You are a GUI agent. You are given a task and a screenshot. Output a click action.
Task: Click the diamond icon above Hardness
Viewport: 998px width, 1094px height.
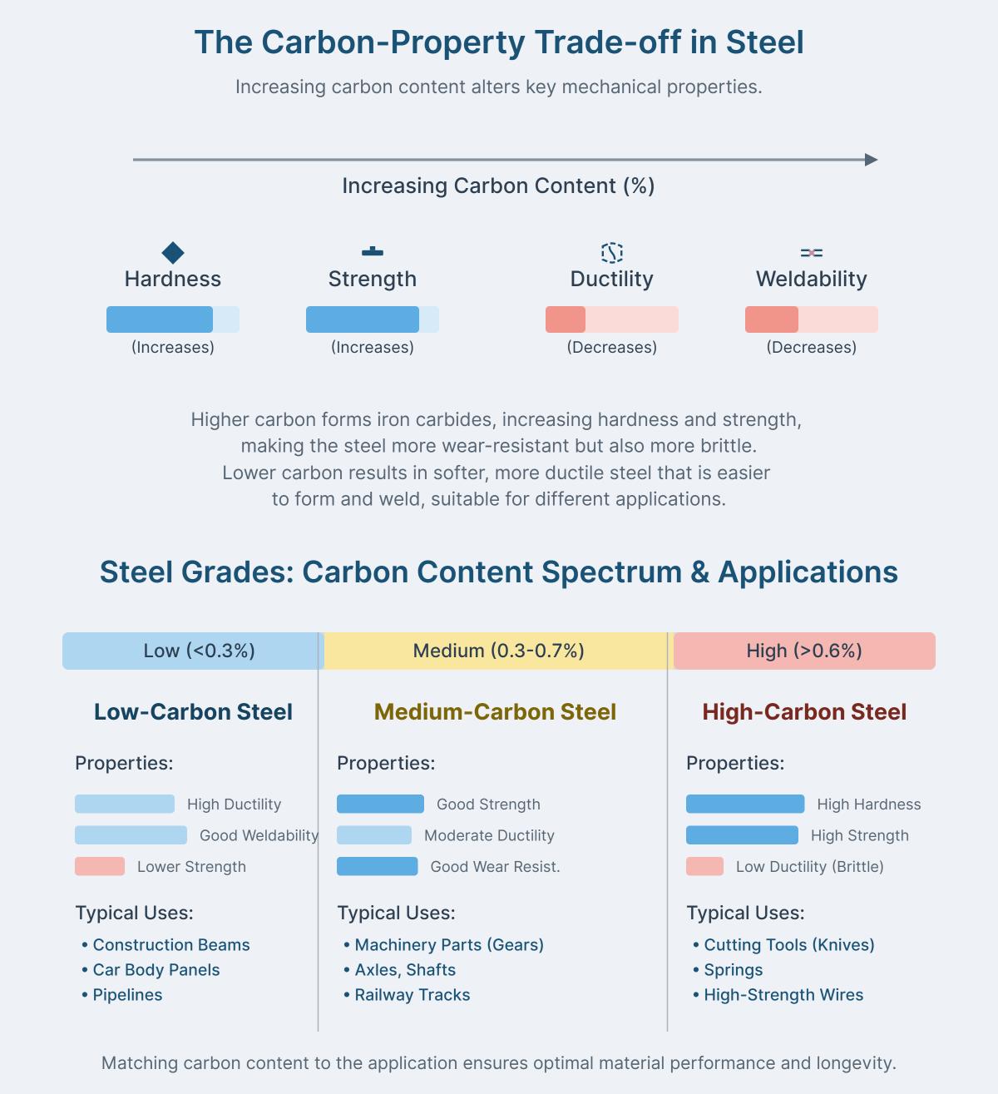click(173, 253)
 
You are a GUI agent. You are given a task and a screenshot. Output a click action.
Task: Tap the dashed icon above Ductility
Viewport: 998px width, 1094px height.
click(612, 253)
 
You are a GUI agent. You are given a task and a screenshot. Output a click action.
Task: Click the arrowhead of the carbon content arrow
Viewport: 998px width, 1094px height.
click(872, 160)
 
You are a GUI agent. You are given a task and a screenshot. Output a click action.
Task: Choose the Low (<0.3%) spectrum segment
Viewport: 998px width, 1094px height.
click(193, 651)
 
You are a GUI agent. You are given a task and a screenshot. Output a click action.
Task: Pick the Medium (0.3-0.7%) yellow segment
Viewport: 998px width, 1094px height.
click(498, 651)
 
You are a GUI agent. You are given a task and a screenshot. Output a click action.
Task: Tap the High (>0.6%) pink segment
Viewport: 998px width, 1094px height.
click(804, 651)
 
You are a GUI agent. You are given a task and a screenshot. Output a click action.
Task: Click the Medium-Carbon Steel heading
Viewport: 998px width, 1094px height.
click(495, 712)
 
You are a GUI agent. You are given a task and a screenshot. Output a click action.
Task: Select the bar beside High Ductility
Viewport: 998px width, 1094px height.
click(125, 804)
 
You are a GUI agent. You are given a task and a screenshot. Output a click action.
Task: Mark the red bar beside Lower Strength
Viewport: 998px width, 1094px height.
click(100, 866)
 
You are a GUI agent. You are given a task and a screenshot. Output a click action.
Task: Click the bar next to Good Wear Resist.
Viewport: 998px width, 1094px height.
click(377, 866)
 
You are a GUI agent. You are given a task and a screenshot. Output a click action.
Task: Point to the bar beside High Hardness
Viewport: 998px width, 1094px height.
click(745, 804)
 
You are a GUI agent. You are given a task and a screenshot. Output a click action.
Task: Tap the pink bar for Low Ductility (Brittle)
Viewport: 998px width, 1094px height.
click(704, 866)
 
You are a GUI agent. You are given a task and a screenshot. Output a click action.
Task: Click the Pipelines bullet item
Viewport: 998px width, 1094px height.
click(127, 995)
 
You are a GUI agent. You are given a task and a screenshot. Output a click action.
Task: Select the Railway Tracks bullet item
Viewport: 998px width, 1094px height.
click(412, 995)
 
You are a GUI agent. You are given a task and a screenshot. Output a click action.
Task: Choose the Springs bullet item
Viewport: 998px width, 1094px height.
click(733, 970)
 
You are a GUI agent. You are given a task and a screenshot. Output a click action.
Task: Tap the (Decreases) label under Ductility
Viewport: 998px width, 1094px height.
click(612, 348)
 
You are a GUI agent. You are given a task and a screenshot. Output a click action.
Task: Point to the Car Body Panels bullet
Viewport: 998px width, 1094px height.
click(156, 970)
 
